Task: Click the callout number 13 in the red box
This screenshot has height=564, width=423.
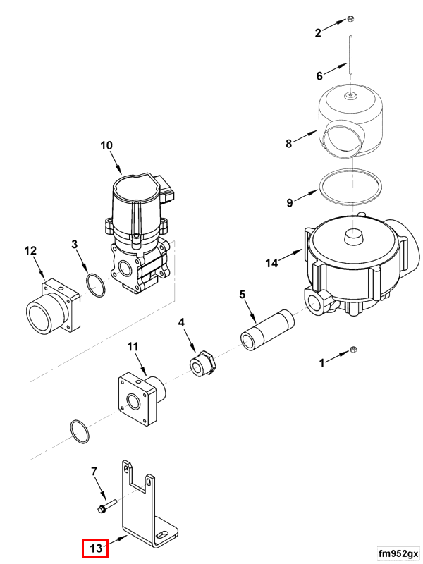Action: pos(95,547)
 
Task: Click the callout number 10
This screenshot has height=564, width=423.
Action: pos(106,146)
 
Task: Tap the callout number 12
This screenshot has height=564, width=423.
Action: pos(30,250)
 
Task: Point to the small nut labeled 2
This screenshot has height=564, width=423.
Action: pos(350,20)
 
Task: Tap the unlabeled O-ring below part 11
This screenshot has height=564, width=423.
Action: pos(79,432)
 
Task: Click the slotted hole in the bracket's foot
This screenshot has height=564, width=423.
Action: pos(163,537)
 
